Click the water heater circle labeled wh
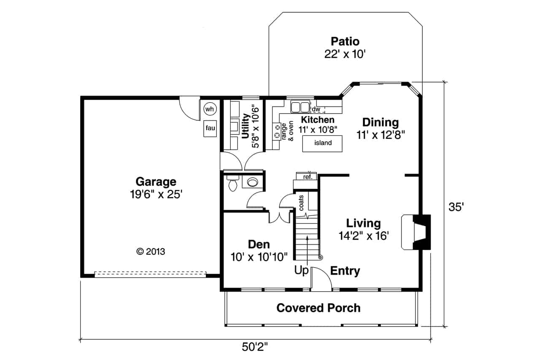(210, 109)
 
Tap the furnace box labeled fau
(210, 128)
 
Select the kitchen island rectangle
(323, 143)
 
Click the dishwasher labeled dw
(316, 110)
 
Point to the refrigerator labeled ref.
(308, 177)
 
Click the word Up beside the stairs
(301, 271)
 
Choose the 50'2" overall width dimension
(255, 347)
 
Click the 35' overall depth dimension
(456, 207)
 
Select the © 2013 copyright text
(151, 252)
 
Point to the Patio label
(345, 41)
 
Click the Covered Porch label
(319, 308)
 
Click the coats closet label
(302, 203)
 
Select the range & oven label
(287, 131)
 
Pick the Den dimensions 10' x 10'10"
(259, 256)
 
